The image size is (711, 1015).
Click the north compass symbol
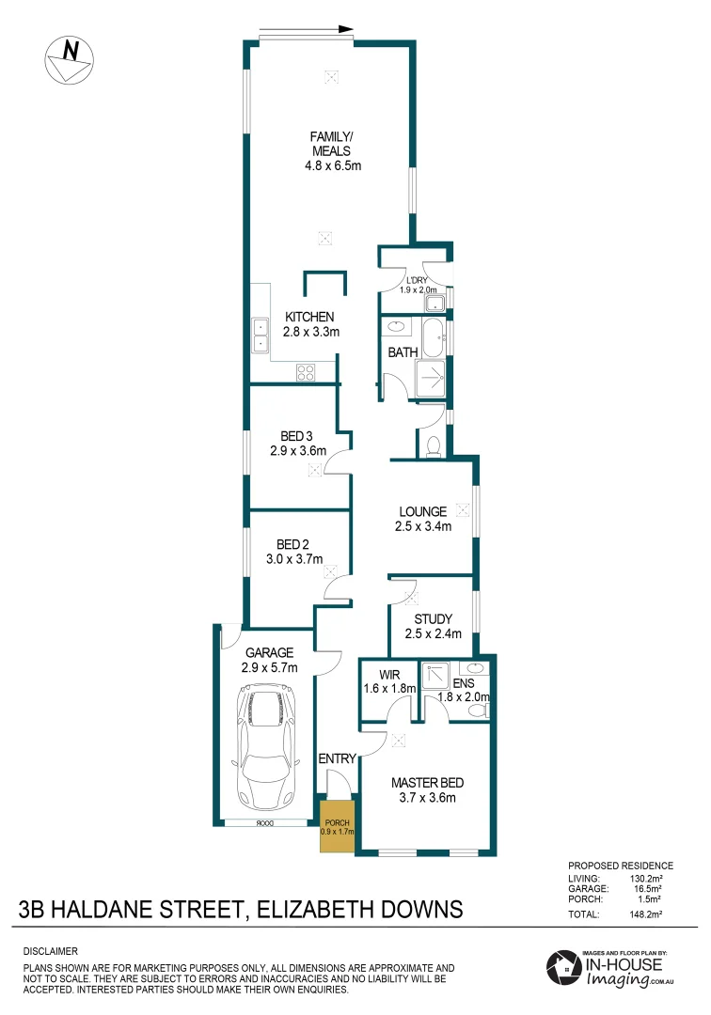(x=70, y=58)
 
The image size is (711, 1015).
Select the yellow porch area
(x=336, y=826)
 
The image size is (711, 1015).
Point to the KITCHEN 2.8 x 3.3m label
(x=310, y=324)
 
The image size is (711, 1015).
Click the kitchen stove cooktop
(x=306, y=371)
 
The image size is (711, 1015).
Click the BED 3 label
(x=297, y=443)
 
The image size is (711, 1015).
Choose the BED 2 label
(x=293, y=552)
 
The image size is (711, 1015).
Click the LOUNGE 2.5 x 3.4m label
(x=422, y=519)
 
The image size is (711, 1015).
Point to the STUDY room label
(x=433, y=626)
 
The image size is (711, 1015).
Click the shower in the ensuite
(x=436, y=678)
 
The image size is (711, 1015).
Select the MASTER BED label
(x=428, y=790)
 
